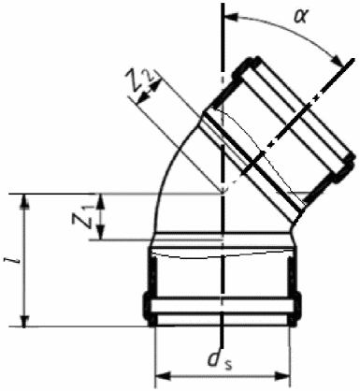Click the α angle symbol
click(301, 16)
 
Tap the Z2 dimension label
click(139, 81)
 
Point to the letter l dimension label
click(13, 260)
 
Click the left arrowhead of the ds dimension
click(163, 376)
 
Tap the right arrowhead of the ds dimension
click(282, 376)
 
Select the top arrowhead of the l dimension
click(24, 201)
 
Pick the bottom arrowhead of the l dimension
click(24, 319)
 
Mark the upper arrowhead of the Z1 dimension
click(100, 201)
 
